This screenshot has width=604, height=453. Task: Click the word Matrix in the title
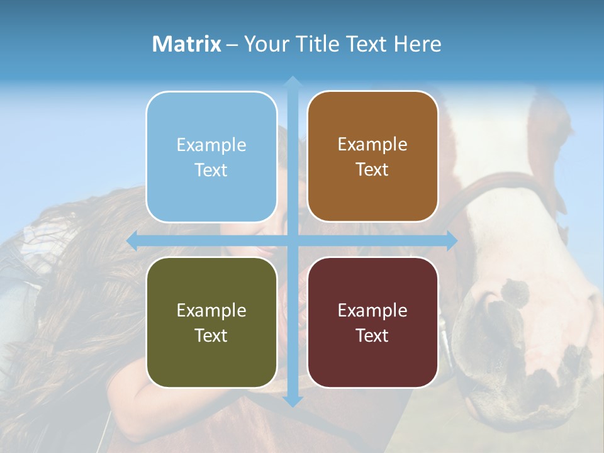pos(187,44)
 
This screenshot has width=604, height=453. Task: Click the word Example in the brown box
pos(372,145)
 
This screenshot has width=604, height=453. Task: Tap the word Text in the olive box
pos(211,335)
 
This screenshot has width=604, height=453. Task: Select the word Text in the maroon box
pos(372,335)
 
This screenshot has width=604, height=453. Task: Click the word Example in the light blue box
pos(211,145)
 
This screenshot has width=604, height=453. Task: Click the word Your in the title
pos(265,44)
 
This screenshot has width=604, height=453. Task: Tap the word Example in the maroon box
pos(372,310)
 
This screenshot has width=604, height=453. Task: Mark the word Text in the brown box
pos(372,169)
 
